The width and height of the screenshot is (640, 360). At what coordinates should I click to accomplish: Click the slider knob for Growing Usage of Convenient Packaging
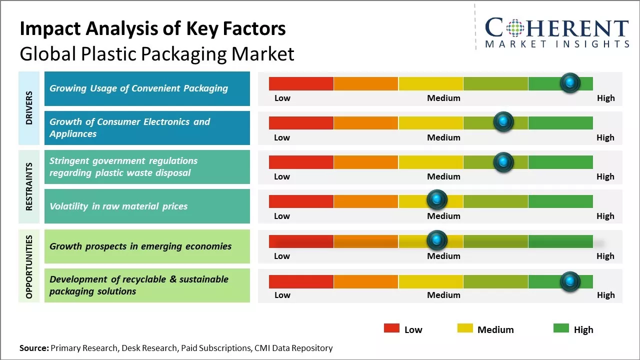point(570,82)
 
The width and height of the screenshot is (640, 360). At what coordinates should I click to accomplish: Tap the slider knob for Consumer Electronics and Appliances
point(503,122)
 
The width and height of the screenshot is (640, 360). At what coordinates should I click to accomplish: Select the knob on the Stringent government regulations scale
point(503,162)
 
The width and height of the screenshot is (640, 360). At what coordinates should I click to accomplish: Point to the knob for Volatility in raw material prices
point(437,200)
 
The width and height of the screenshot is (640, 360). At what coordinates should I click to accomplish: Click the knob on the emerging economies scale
point(437,240)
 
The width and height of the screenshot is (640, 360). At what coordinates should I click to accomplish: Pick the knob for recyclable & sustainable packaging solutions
point(570,281)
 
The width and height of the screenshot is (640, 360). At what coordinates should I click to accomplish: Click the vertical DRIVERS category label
point(29,107)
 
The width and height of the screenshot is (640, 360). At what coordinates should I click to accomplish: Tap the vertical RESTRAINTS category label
point(29,186)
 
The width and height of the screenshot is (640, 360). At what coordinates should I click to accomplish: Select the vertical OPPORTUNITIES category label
point(29,266)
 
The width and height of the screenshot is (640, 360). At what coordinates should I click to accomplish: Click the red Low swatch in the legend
point(391,328)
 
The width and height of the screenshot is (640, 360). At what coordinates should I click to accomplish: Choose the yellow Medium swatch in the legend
point(465,328)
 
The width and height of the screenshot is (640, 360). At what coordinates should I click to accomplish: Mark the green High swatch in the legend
point(561,328)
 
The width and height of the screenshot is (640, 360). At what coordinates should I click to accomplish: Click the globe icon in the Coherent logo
point(514,28)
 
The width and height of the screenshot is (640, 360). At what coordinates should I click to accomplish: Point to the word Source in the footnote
point(33,348)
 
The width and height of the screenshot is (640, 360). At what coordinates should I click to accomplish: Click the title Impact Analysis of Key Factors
point(152,29)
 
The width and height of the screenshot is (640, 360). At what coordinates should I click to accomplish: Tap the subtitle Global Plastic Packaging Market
point(156,54)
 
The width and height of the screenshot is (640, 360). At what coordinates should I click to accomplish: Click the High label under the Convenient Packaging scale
point(605,98)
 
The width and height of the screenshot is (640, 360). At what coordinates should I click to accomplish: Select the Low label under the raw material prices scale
point(282,216)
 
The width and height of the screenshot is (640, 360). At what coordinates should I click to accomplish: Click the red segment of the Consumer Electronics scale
point(301,123)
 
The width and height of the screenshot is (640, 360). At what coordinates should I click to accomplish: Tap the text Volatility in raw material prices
point(118,206)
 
